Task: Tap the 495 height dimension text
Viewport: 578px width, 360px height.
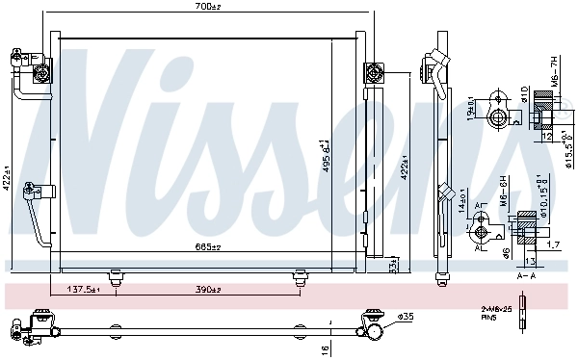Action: (x=327, y=155)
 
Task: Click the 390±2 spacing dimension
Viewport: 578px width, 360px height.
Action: (x=207, y=290)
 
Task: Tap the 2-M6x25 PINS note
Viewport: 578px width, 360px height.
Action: (x=496, y=311)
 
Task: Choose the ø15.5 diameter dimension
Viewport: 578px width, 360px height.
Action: (x=568, y=149)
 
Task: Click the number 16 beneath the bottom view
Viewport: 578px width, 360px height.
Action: (x=327, y=349)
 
